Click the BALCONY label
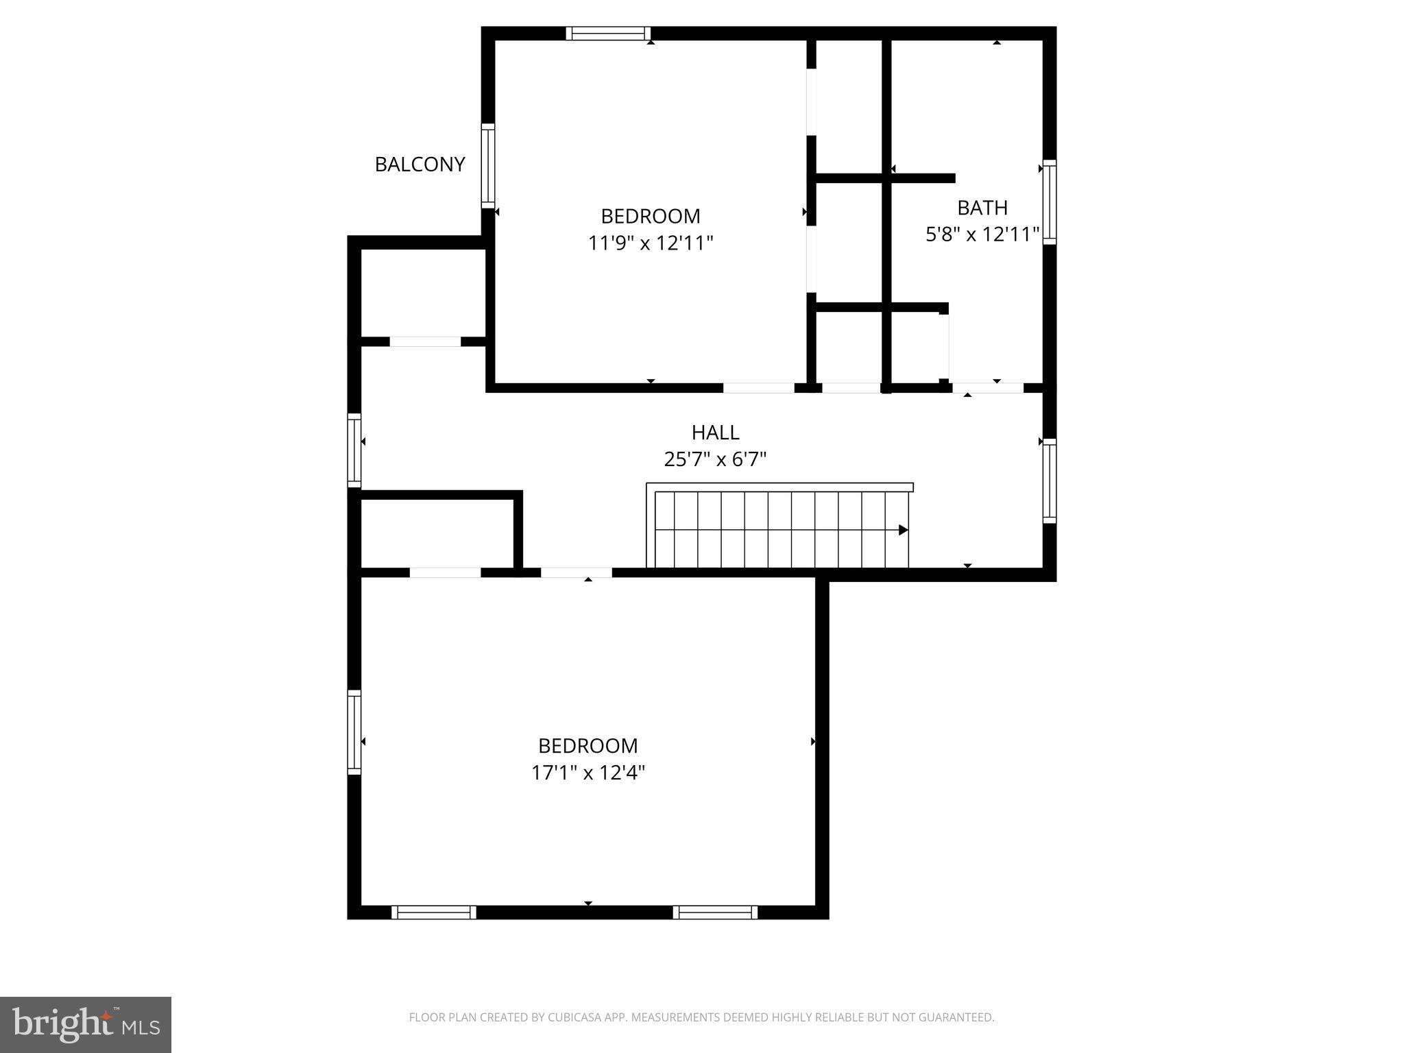pyautogui.click(x=420, y=165)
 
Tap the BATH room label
pyautogui.click(x=982, y=207)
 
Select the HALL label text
pyautogui.click(x=715, y=433)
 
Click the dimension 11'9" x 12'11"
pyautogui.click(x=651, y=243)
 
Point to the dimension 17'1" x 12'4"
pyautogui.click(x=588, y=773)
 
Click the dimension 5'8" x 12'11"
pyautogui.click(x=982, y=235)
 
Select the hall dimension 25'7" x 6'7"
pyautogui.click(x=715, y=459)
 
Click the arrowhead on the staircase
pyautogui.click(x=903, y=530)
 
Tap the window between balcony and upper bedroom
pyautogui.click(x=487, y=166)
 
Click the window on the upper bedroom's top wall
pyautogui.click(x=607, y=34)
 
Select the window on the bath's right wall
pyautogui.click(x=1049, y=202)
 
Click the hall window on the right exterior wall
pyautogui.click(x=1049, y=481)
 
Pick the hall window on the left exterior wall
pyautogui.click(x=354, y=450)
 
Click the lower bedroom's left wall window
pyautogui.click(x=354, y=732)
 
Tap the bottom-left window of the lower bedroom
pyautogui.click(x=433, y=912)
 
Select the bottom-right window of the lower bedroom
pyautogui.click(x=715, y=912)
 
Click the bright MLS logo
pyautogui.click(x=86, y=1024)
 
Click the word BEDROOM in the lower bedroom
pyautogui.click(x=588, y=746)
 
